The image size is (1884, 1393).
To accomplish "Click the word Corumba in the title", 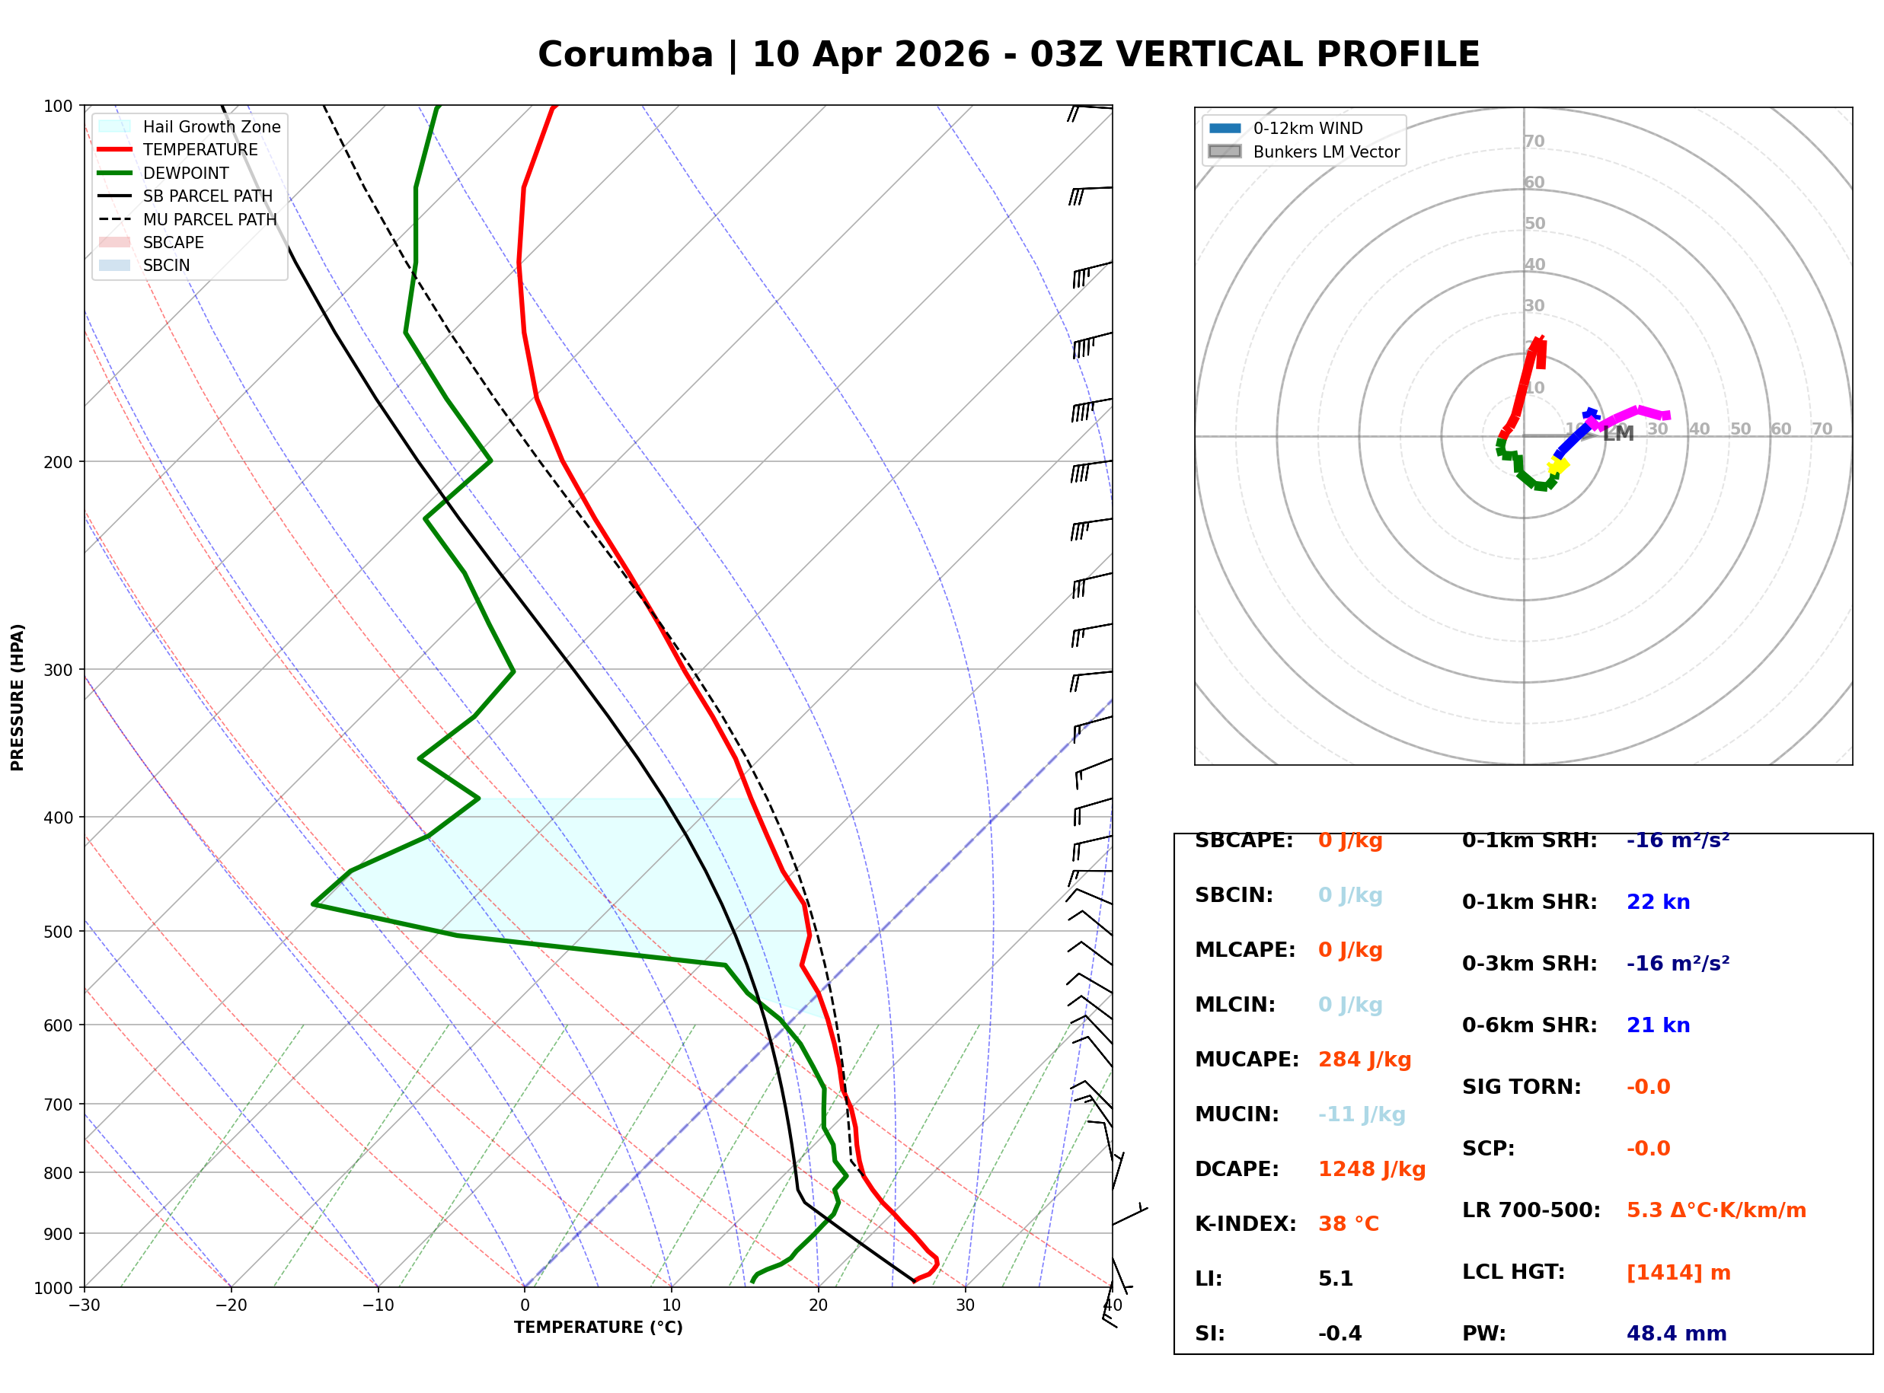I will (x=625, y=55).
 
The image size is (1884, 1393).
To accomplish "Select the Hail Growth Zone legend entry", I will (x=211, y=126).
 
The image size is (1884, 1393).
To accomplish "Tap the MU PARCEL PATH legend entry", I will (x=209, y=219).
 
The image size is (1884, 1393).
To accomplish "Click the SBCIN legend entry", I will (x=166, y=266).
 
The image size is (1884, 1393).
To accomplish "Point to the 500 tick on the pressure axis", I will (x=58, y=932).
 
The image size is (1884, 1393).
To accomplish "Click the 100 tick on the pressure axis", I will (x=58, y=107).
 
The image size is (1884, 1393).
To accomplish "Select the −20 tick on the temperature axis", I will (x=230, y=1305).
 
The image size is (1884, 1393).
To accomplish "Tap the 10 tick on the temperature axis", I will (x=672, y=1305).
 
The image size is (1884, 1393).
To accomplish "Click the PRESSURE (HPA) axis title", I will (x=18, y=697).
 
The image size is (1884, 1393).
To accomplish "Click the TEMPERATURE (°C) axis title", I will (x=598, y=1328).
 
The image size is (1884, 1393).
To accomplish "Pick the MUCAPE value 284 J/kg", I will (x=1364, y=1060).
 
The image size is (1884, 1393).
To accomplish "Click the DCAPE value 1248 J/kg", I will (x=1371, y=1169).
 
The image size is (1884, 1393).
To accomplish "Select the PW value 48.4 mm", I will (x=1675, y=1334).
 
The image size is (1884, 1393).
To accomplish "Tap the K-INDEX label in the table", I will (x=1245, y=1224).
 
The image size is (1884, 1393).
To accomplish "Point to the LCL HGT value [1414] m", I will (x=1678, y=1273).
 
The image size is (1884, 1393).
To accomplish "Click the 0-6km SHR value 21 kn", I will (x=1658, y=1025).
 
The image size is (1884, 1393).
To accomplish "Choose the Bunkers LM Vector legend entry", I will (x=1326, y=151).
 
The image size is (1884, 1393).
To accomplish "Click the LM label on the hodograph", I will (x=1617, y=434).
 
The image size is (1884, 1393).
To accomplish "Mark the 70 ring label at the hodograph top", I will (x=1534, y=142).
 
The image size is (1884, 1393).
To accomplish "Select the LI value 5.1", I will (x=1335, y=1279).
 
